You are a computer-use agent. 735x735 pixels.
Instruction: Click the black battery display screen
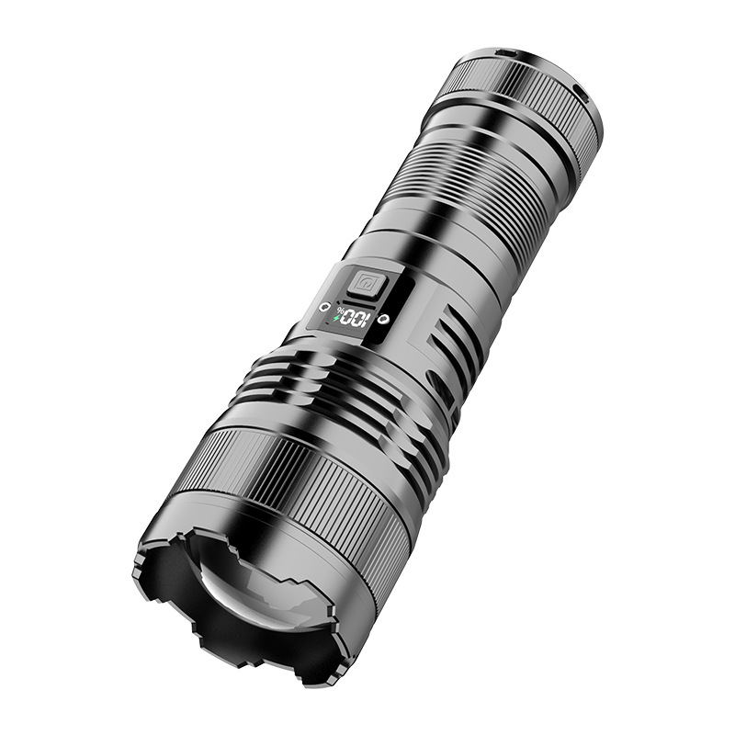click(351, 318)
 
